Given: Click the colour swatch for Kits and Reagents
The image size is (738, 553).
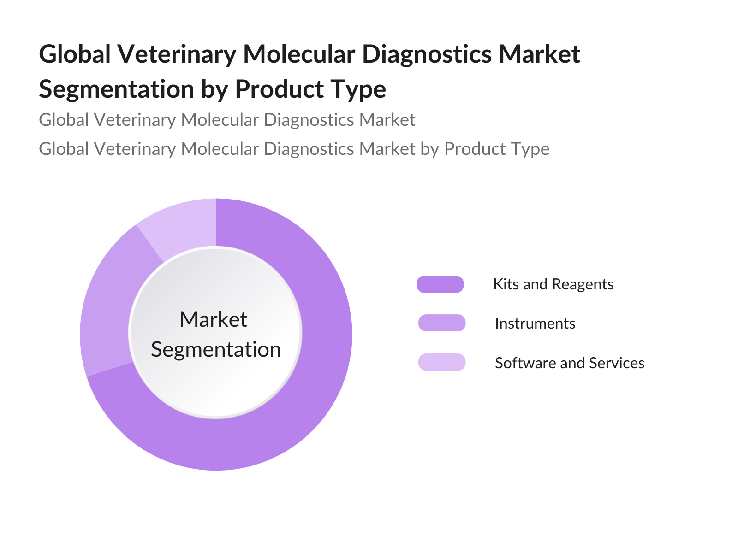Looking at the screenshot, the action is click(440, 284).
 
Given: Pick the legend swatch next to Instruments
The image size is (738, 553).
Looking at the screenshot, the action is click(442, 323).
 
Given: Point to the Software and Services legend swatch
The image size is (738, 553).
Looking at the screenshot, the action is click(442, 362).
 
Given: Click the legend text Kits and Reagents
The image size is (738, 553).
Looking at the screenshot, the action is click(553, 284).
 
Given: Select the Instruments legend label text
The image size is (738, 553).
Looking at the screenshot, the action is click(535, 324).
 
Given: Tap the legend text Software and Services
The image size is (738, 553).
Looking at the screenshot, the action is click(570, 363).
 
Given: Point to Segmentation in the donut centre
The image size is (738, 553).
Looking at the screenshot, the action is click(216, 349).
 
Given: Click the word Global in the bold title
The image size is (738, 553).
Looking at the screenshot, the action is click(75, 54).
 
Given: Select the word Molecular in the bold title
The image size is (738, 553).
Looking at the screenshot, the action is click(299, 54).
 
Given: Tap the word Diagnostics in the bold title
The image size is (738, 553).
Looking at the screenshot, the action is click(427, 54).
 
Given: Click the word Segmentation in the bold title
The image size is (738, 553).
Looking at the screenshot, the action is click(117, 89).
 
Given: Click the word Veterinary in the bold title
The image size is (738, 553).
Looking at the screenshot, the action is click(177, 54).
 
